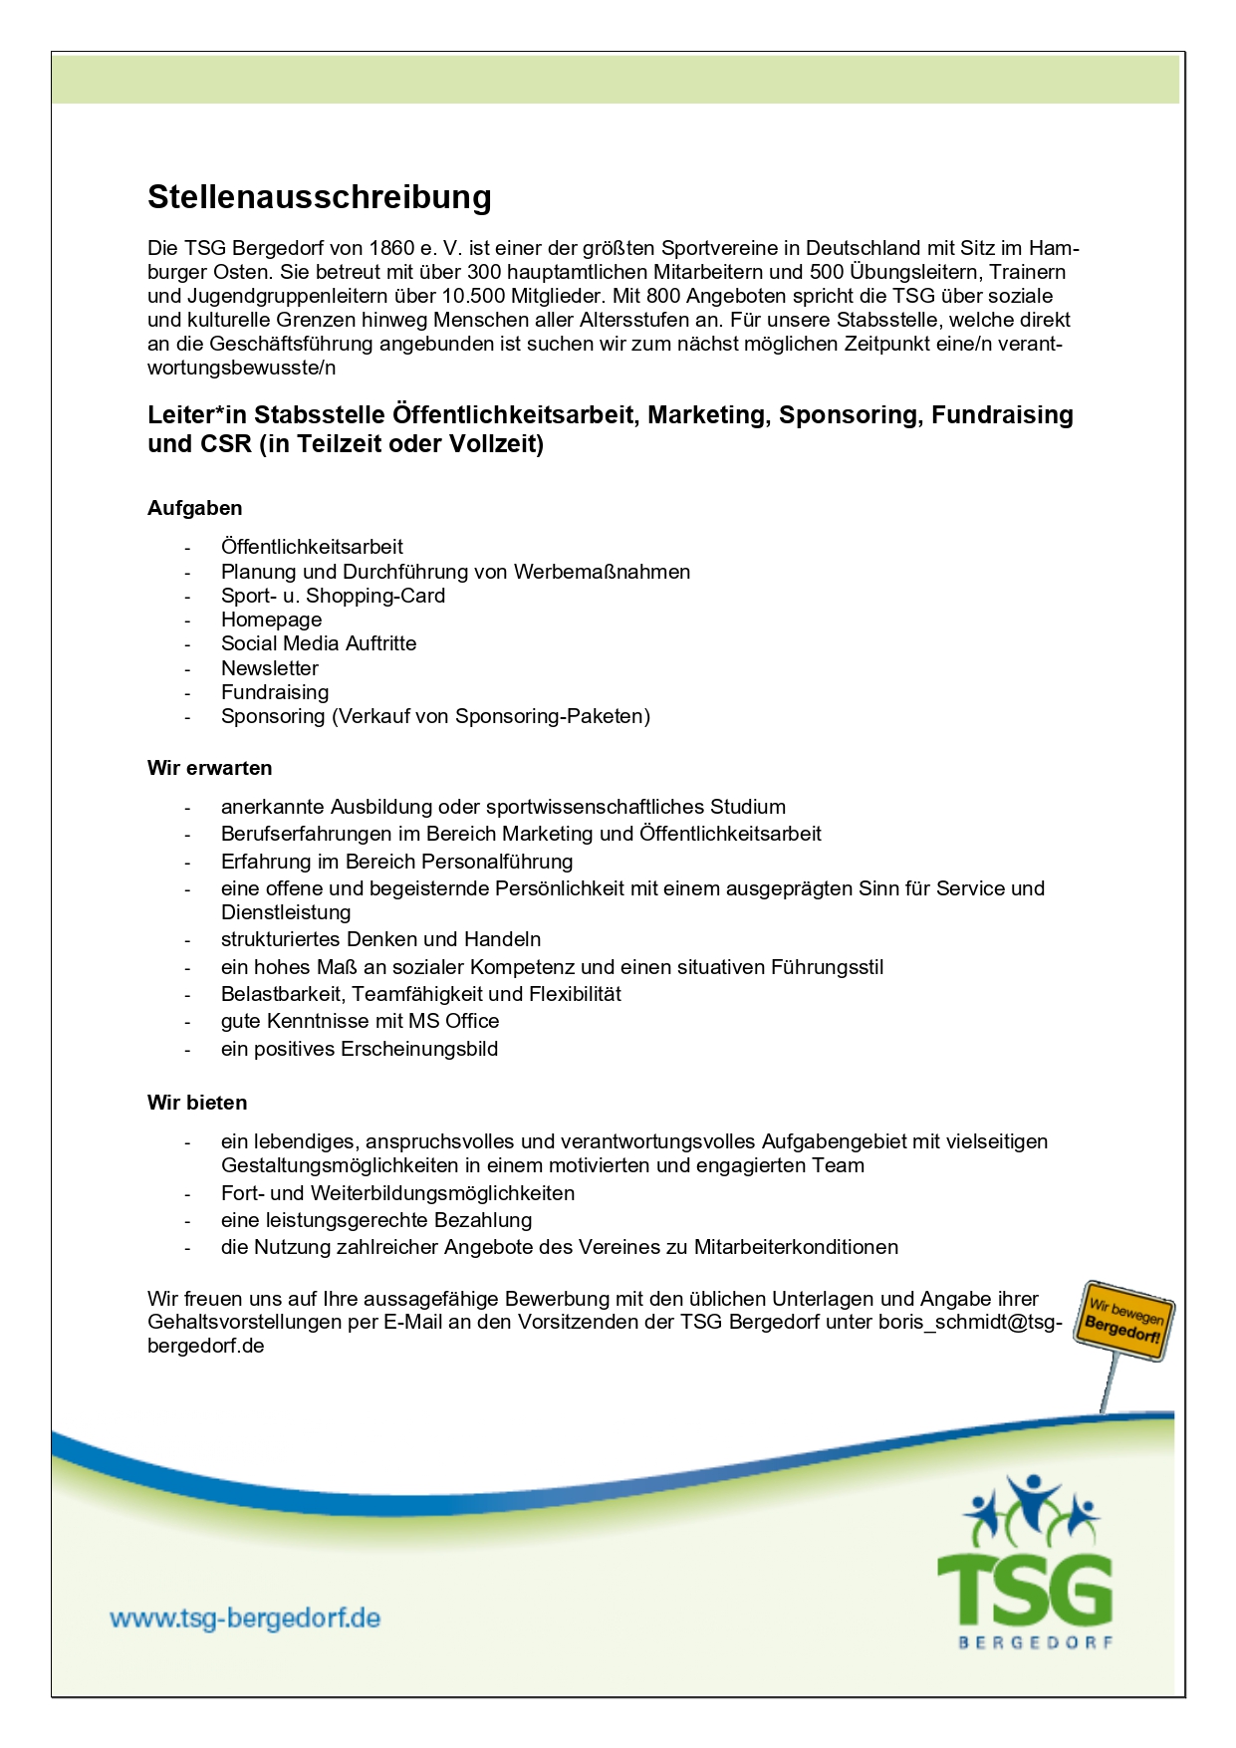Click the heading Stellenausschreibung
(x=319, y=197)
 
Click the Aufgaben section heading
(x=195, y=508)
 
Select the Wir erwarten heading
(x=209, y=768)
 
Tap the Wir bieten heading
(x=197, y=1103)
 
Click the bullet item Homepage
(x=271, y=620)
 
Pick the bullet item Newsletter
(x=270, y=668)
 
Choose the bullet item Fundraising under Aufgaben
(x=275, y=692)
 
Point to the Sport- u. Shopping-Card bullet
(x=333, y=596)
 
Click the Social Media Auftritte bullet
(x=319, y=643)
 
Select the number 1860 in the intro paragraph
(x=391, y=248)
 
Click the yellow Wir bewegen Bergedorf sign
(x=1124, y=1321)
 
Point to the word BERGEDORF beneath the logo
(x=1036, y=1642)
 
